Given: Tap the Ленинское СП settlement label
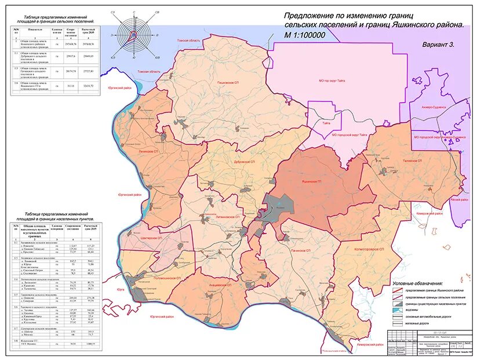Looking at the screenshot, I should pyautogui.click(x=149, y=149).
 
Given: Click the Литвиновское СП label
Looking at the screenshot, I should pyautogui.click(x=228, y=217).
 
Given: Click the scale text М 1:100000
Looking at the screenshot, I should pyautogui.click(x=304, y=35).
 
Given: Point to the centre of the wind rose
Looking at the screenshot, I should pyautogui.click(x=134, y=34).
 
